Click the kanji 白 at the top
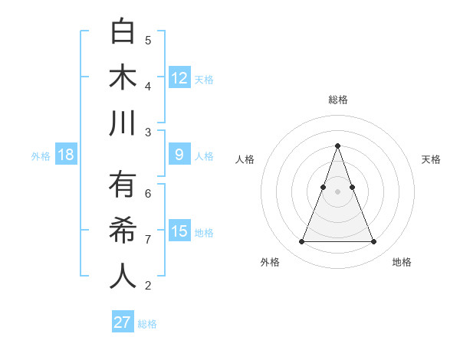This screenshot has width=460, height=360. coord(123,32)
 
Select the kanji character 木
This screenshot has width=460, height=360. coord(123,77)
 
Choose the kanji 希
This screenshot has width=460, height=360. coord(123,231)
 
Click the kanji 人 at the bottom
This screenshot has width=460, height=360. coord(123,276)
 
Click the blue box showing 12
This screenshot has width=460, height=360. coord(179,77)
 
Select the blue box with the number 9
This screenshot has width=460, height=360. coord(179,155)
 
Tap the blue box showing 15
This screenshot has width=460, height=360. coord(179,231)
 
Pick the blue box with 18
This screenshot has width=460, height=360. coord(66,155)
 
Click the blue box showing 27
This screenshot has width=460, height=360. coord(123,322)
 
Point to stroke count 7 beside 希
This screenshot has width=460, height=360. coord(148,240)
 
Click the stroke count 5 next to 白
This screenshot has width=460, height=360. coord(148,40)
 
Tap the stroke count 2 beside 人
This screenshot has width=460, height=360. coord(148,286)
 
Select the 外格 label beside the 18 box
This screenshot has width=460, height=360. coord(41,156)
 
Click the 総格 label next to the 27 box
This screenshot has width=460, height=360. coord(147,324)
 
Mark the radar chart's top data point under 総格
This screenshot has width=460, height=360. coord(337,146)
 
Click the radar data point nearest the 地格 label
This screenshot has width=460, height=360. coord(373,242)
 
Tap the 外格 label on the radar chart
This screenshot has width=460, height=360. coord(270,262)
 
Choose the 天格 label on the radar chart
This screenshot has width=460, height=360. coord(432,159)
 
